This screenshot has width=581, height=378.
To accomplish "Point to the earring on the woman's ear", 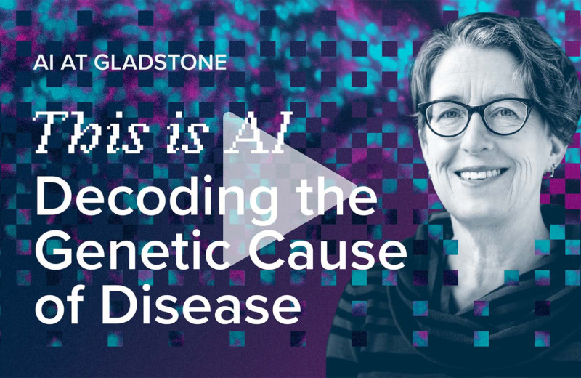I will (553, 172).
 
